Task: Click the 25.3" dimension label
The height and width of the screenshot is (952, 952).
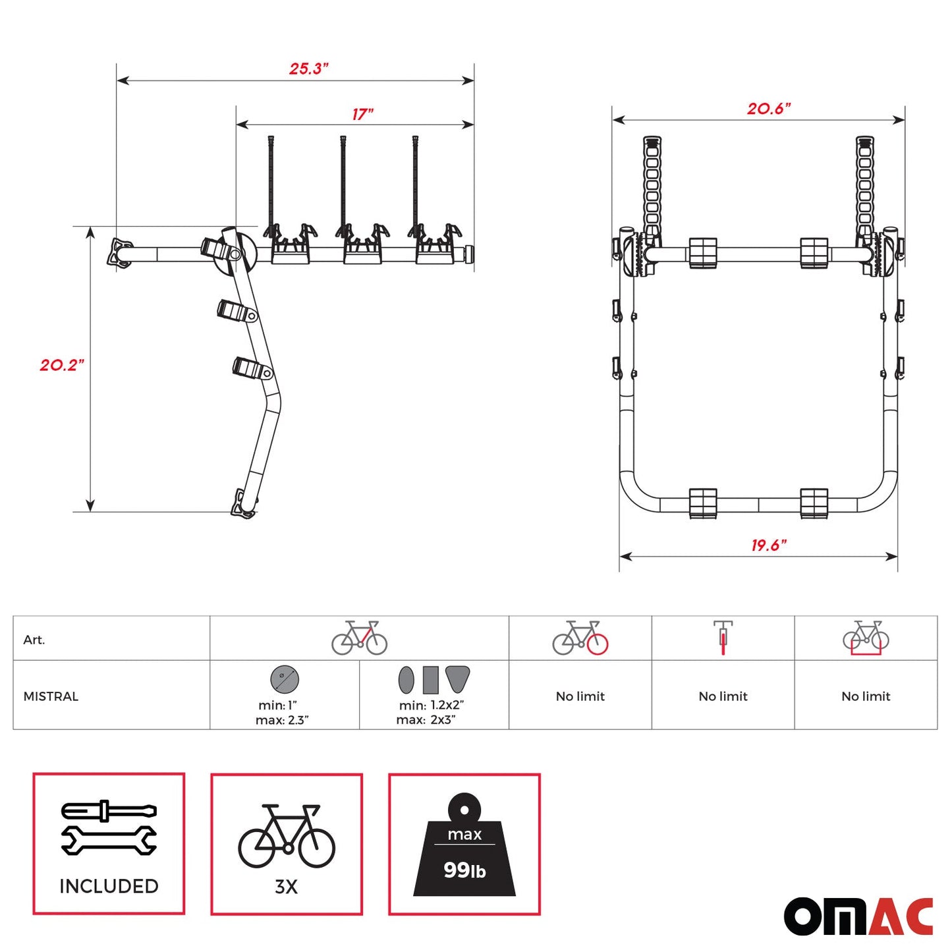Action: pos(308,69)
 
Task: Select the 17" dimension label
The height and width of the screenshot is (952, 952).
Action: pos(362,114)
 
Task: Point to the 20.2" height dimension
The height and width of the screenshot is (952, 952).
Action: pos(62,365)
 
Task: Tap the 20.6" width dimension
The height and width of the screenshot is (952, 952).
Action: pos(768,109)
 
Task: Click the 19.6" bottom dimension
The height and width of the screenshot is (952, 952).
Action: pos(768,545)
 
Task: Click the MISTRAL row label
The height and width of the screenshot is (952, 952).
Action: pos(51,696)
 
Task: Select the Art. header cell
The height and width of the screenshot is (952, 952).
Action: pos(34,640)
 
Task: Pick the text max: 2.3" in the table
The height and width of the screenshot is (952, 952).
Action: pos(282,720)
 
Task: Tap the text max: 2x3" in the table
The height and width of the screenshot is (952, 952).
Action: pos(426,720)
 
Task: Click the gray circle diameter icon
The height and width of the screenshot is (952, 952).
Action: pos(285,679)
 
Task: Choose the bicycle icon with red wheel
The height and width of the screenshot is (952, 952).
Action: pos(580,638)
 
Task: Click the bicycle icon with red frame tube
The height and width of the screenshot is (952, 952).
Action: pos(359,638)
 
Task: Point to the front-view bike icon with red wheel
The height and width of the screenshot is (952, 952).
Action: pos(723,637)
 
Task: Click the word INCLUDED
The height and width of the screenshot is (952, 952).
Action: pos(109,886)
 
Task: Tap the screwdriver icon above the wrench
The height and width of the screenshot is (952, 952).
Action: pos(109,810)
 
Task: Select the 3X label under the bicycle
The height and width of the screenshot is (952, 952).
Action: pos(286,887)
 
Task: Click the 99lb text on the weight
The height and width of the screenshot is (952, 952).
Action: pos(464,870)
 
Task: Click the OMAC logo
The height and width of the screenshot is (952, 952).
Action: pos(858,916)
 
